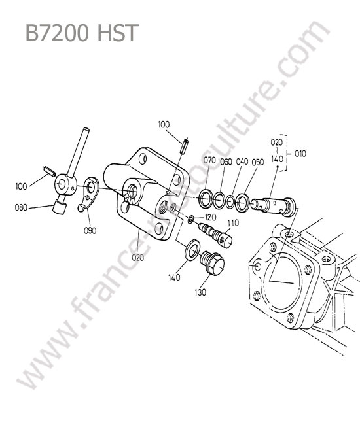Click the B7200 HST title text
pyautogui.click(x=82, y=33)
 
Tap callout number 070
pyautogui.click(x=209, y=160)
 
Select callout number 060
pyautogui.click(x=226, y=161)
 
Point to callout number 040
pyautogui.click(x=242, y=161)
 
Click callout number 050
pyautogui.click(x=258, y=162)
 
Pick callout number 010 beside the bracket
pyautogui.click(x=300, y=154)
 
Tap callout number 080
pyautogui.click(x=21, y=208)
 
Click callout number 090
pyautogui.click(x=90, y=231)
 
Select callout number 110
pyautogui.click(x=233, y=223)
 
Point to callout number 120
pyautogui.click(x=211, y=217)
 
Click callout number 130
pyautogui.click(x=200, y=292)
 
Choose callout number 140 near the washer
pyautogui.click(x=174, y=277)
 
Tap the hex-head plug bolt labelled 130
pyautogui.click(x=213, y=262)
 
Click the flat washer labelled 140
pyautogui.click(x=192, y=250)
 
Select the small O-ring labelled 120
pyautogui.click(x=190, y=219)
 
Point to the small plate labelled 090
pyautogui.click(x=89, y=194)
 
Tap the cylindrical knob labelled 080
pyautogui.click(x=60, y=209)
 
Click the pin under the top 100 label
pyautogui.click(x=185, y=146)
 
